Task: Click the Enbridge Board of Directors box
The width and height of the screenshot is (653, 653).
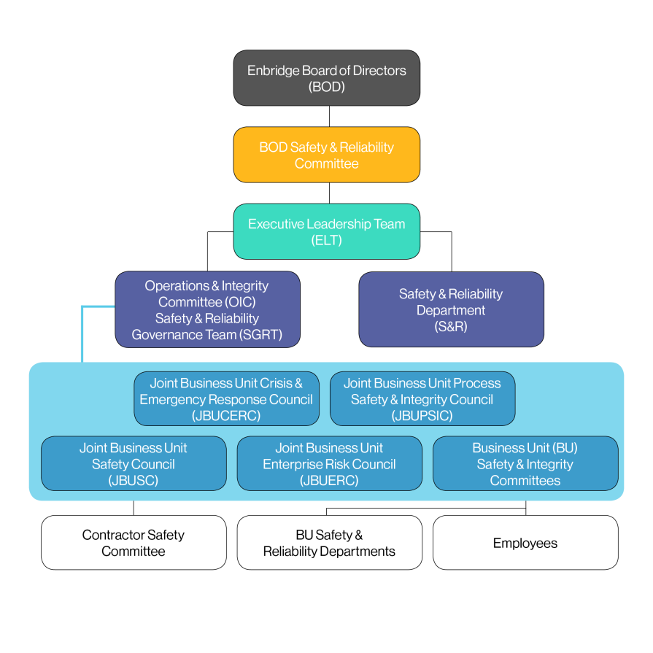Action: tap(326, 78)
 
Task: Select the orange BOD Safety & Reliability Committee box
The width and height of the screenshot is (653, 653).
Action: tap(326, 155)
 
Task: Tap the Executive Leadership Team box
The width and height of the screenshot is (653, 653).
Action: tap(326, 231)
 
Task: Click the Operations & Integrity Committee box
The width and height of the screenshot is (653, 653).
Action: tap(207, 309)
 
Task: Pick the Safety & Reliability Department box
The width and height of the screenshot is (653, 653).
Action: tap(451, 309)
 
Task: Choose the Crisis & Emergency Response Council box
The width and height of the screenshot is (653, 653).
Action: tap(226, 399)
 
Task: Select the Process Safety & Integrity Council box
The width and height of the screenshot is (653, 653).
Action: tap(422, 399)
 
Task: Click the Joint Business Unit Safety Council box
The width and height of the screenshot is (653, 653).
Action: tap(134, 463)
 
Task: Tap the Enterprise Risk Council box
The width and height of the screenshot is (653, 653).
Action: tap(329, 463)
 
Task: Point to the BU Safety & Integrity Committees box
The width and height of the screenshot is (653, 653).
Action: tap(525, 463)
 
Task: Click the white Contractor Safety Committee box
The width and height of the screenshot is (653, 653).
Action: tap(134, 543)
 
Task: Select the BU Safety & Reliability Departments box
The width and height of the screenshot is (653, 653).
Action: tap(329, 543)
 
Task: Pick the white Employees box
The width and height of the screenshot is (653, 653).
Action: tap(525, 543)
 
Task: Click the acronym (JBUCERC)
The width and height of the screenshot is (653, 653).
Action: tap(226, 416)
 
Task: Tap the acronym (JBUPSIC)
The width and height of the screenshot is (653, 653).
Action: tap(422, 416)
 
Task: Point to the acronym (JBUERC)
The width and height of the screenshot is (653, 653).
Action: tap(329, 480)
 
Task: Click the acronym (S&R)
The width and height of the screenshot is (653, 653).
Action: tap(451, 326)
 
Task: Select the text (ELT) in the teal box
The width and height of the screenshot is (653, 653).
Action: tap(326, 240)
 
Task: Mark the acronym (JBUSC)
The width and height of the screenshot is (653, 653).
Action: tap(134, 480)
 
